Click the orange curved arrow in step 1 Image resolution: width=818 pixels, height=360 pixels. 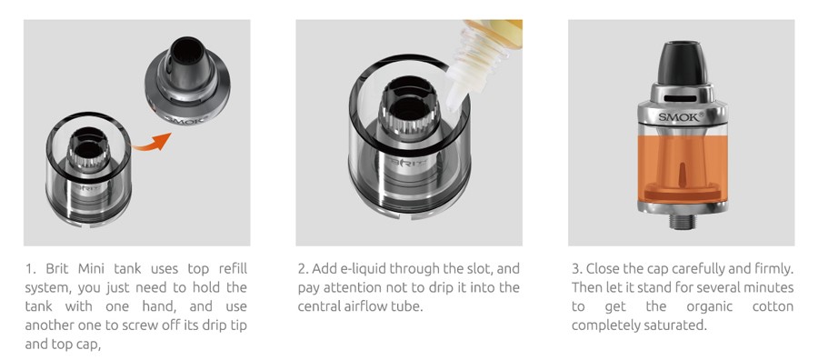(151, 144)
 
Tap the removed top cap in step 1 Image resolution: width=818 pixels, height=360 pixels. (187, 79)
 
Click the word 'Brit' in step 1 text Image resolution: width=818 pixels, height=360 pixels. (57, 269)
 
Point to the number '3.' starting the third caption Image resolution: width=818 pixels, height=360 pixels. (576, 269)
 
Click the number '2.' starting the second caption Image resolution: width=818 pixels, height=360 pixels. (303, 269)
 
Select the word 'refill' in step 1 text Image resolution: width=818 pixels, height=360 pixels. (232, 269)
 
